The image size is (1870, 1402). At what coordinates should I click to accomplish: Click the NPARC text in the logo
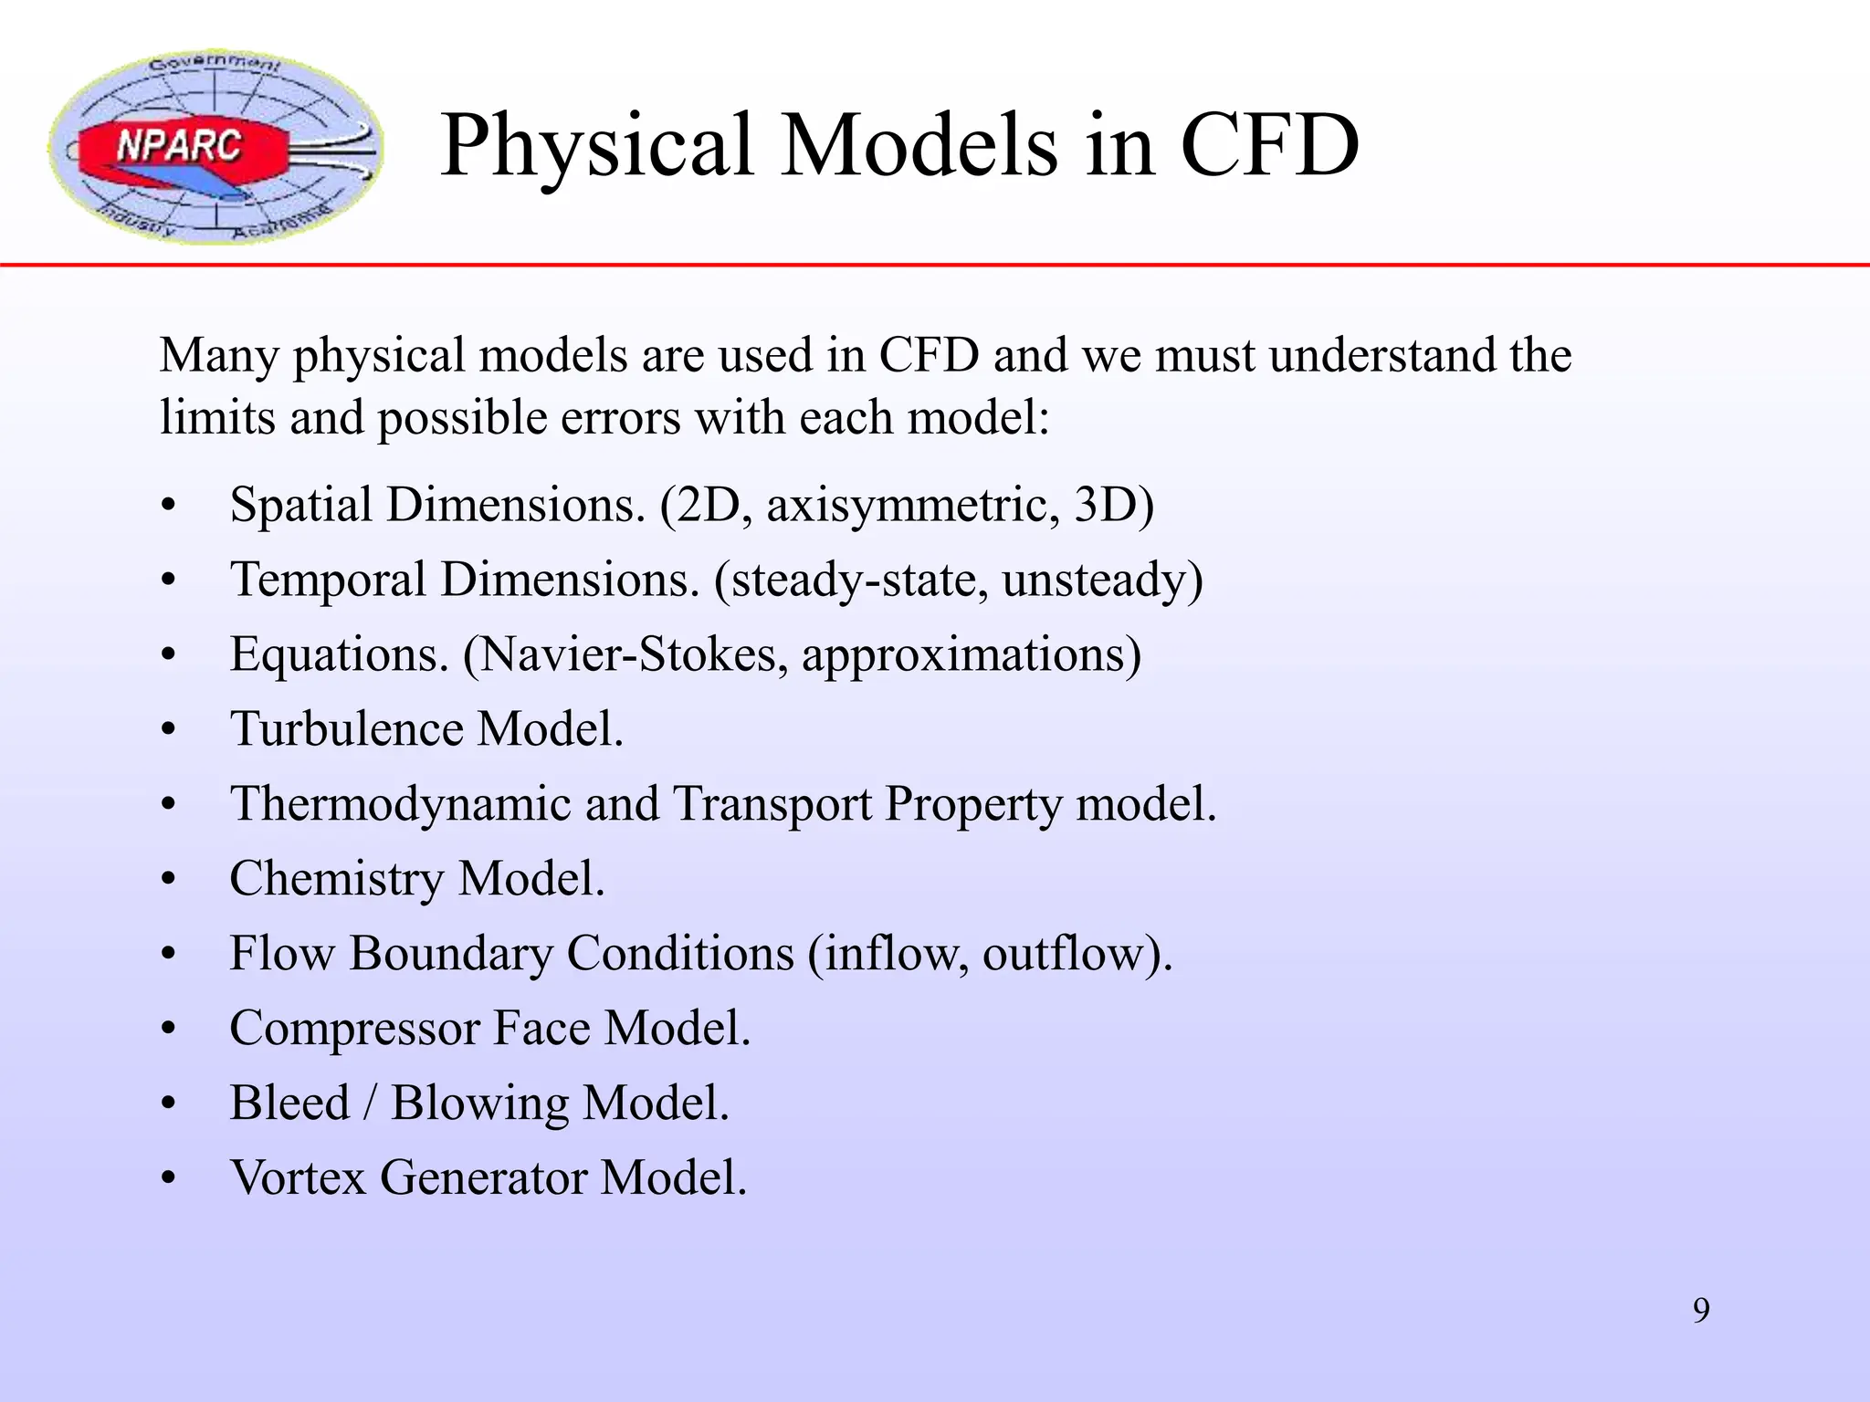coord(179,145)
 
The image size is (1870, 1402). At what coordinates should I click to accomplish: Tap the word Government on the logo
coord(215,64)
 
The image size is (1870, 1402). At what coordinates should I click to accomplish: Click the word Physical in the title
coord(598,146)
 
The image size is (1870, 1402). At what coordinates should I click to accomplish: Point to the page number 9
coord(1701,1311)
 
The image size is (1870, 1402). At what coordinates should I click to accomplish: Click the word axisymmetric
coord(913,505)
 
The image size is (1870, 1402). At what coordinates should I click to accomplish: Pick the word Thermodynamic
coord(400,804)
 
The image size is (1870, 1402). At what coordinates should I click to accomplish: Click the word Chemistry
coord(336,879)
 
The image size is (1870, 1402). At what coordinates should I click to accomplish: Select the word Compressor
coord(355,1029)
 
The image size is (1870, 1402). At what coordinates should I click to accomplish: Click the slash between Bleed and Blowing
coord(370,1103)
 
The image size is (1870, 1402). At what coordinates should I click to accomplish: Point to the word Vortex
coord(298,1177)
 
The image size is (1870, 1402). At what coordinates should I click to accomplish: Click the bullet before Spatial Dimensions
coord(168,507)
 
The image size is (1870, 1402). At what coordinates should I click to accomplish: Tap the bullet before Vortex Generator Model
coord(168,1179)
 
